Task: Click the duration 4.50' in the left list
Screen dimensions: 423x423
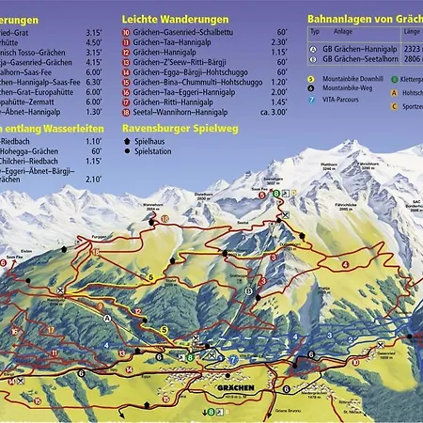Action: (x=94, y=43)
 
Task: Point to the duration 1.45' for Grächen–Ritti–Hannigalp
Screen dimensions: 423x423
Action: (x=277, y=102)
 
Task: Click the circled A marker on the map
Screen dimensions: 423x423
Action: (x=107, y=319)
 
